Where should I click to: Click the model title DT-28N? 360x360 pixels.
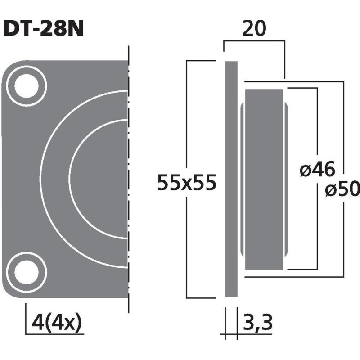tap(44, 29)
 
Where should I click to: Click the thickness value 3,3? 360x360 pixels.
tap(258, 322)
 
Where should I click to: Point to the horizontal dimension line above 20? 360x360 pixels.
tap(254, 41)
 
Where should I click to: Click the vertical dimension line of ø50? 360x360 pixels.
tap(344, 135)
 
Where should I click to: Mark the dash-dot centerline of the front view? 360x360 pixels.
tap(129, 180)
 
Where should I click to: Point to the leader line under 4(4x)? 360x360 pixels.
tap(54, 333)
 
